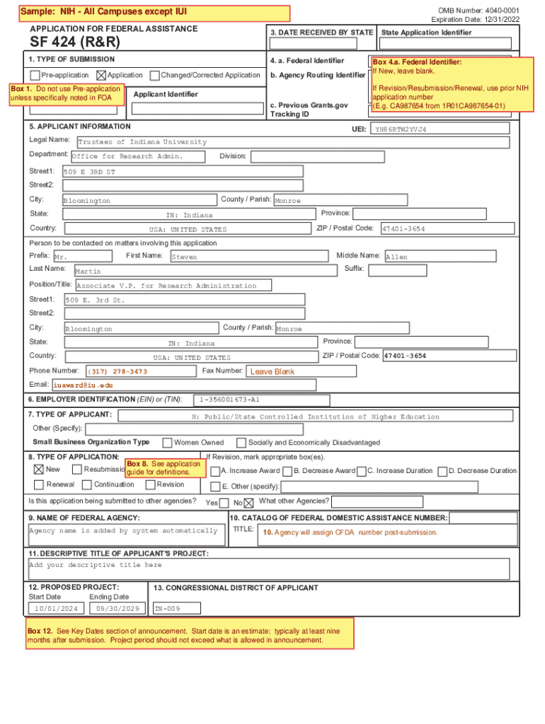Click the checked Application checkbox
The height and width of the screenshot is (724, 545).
coord(101,75)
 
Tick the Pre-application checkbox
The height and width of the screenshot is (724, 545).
coord(35,75)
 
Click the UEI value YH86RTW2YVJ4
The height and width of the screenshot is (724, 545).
coord(401,129)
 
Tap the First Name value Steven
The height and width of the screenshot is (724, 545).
coord(184,257)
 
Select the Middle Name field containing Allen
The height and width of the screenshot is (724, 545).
coord(396,257)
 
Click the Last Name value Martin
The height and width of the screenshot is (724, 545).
coord(88,271)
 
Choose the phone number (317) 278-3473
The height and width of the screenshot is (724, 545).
coord(117,371)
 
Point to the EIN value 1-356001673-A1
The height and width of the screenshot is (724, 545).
coord(221,400)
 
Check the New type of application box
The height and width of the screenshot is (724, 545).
coord(38,469)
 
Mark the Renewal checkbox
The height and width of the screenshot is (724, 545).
coord(38,484)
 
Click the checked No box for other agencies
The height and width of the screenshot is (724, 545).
coord(248,503)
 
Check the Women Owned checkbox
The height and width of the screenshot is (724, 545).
coord(168,443)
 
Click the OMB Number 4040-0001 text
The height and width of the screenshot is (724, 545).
coord(478,10)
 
